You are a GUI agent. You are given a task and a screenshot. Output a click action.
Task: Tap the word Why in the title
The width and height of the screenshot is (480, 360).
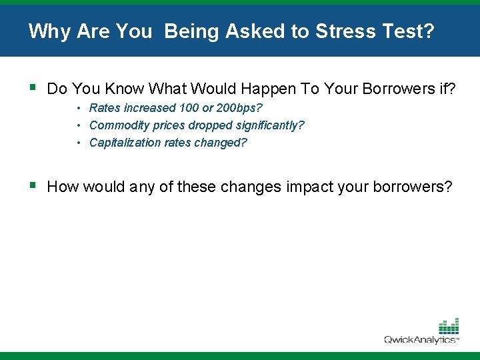[45, 31]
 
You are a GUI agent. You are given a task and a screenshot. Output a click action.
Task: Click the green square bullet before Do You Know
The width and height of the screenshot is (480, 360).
[33, 87]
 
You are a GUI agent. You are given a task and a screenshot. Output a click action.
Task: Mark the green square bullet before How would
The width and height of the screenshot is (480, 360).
[33, 185]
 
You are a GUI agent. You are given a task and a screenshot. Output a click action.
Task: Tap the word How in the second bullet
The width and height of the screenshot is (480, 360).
[62, 187]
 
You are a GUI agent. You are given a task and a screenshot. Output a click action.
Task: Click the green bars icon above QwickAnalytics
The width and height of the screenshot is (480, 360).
[449, 327]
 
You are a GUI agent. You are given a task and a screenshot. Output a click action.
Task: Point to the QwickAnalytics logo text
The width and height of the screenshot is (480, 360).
[420, 340]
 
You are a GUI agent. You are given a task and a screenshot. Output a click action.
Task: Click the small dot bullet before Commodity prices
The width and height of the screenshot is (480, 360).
[79, 125]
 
